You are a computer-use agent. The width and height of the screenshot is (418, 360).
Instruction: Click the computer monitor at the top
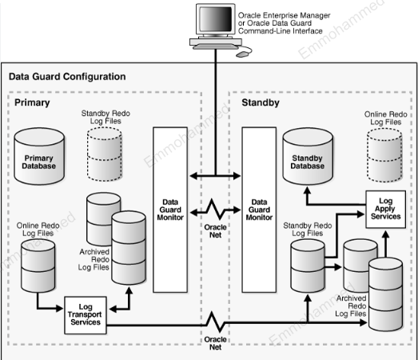[x=213, y=26]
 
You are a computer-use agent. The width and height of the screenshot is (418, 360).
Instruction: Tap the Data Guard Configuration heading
[x=66, y=77]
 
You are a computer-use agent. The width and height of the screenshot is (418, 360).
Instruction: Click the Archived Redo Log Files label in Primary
[x=96, y=260]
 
